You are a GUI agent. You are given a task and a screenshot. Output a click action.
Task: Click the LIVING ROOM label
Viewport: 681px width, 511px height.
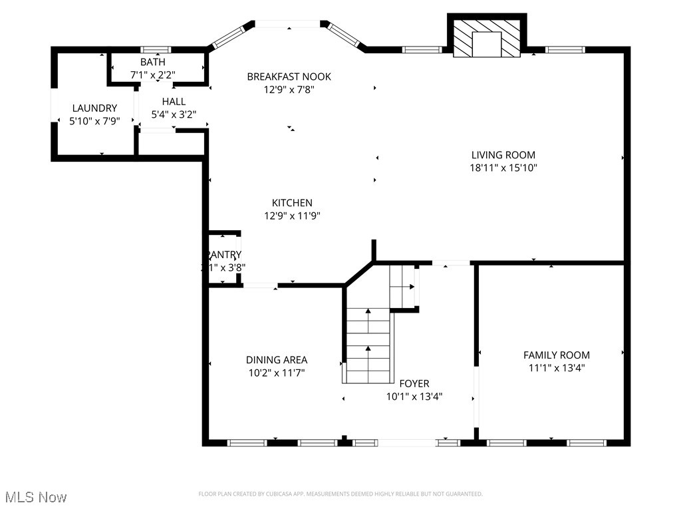click(503, 155)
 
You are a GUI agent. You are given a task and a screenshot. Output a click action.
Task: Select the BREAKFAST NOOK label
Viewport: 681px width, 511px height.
click(289, 77)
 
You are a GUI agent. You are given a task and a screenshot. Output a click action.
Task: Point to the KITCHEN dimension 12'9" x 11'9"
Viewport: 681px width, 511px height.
click(292, 216)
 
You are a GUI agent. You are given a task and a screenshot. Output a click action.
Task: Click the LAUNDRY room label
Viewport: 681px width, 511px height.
click(94, 108)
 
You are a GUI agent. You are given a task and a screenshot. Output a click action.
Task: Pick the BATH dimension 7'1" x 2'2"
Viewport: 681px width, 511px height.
click(152, 75)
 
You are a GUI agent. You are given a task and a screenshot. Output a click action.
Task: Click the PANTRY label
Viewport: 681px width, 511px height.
click(223, 255)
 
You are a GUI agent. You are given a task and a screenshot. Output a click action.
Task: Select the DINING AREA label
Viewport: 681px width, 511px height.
click(277, 360)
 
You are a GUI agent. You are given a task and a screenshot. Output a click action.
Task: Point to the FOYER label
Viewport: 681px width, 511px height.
click(414, 383)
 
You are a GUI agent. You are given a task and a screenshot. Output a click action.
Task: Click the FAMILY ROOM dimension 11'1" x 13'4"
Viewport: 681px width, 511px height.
click(557, 367)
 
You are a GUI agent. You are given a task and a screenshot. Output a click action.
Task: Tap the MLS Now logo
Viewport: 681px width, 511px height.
click(36, 497)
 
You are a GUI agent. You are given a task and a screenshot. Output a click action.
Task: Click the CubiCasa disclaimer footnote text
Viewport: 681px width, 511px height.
click(340, 494)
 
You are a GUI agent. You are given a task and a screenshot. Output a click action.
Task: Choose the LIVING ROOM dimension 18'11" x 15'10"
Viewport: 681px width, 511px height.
click(503, 168)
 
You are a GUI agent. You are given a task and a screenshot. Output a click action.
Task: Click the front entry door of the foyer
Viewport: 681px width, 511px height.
click(407, 442)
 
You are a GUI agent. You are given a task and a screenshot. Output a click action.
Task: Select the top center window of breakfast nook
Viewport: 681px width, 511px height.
click(288, 25)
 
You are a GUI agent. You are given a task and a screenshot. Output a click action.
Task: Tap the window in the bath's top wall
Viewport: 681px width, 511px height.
click(156, 50)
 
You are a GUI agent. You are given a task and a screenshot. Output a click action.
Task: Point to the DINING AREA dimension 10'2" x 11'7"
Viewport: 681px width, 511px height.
click(277, 373)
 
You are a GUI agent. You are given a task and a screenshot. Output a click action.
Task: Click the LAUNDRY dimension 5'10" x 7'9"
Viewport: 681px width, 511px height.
click(94, 121)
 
